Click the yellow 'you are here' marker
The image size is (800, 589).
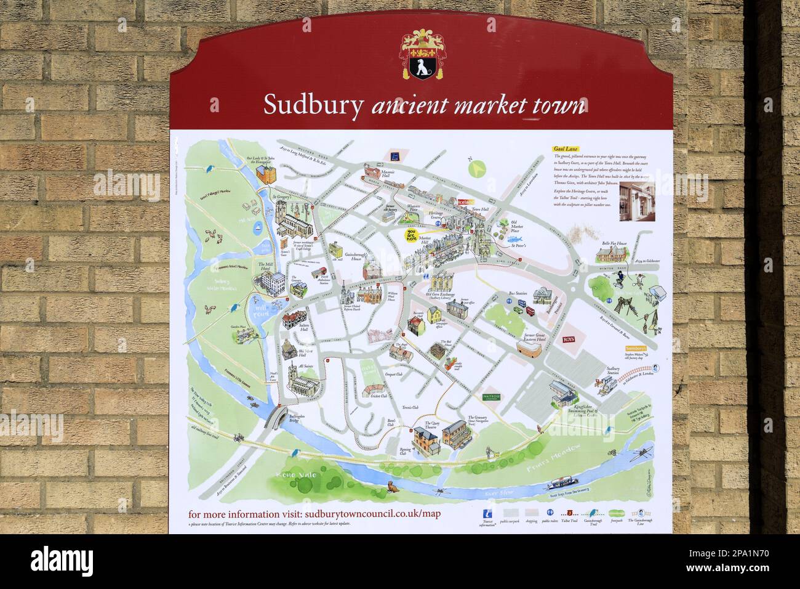(408, 237)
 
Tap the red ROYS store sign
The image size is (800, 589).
(569, 339)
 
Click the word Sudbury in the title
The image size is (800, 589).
(313, 105)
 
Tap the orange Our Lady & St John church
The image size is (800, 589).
(266, 174)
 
